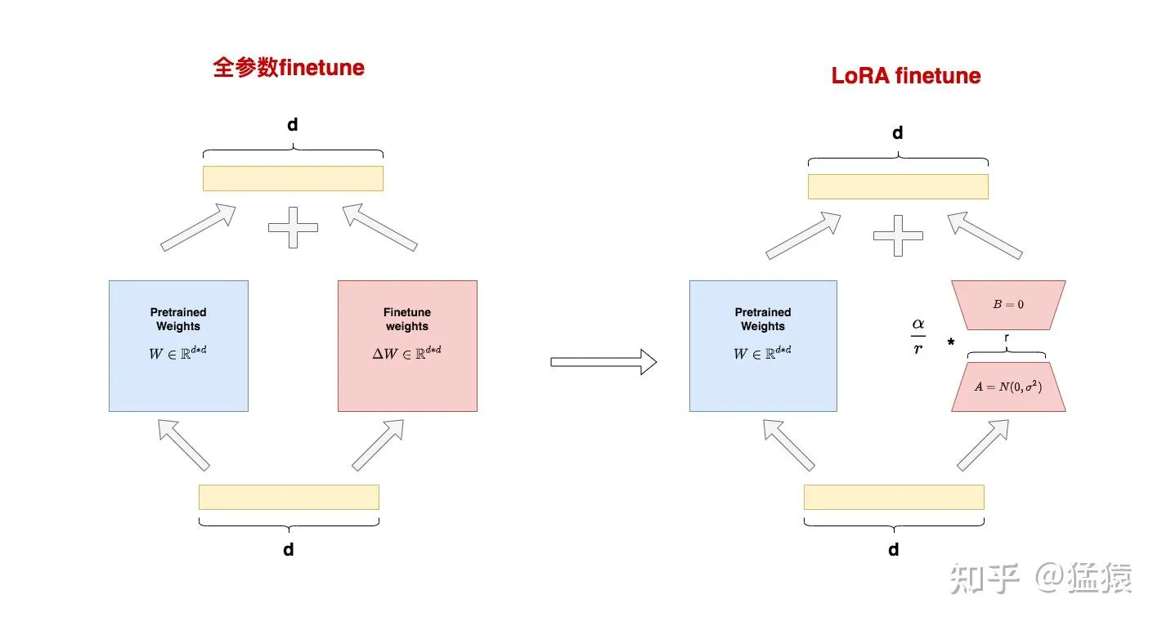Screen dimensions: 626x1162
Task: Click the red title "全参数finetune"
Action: click(289, 67)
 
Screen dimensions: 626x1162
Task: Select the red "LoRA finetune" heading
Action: click(905, 76)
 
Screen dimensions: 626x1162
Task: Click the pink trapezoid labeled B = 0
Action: click(1008, 304)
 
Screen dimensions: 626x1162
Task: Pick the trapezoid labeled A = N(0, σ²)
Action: click(1008, 387)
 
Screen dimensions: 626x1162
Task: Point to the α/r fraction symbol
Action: click(918, 336)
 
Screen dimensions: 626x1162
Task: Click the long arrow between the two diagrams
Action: click(603, 361)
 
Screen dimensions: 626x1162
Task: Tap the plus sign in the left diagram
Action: click(293, 226)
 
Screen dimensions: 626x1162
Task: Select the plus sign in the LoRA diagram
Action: click(898, 235)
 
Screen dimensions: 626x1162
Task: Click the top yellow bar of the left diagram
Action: click(293, 178)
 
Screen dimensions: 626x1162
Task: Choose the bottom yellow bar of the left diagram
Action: click(289, 497)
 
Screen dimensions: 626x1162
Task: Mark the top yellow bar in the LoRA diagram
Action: click(898, 186)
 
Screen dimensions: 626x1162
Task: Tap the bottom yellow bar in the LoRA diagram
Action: click(894, 497)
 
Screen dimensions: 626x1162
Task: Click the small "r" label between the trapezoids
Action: click(1006, 336)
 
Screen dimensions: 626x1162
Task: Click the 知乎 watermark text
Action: click(985, 579)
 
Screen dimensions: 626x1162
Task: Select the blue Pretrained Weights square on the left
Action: click(178, 346)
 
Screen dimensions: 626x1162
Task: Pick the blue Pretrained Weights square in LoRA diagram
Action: click(763, 346)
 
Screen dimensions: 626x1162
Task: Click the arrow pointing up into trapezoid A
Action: click(982, 445)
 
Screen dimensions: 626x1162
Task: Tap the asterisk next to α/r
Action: click(950, 342)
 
